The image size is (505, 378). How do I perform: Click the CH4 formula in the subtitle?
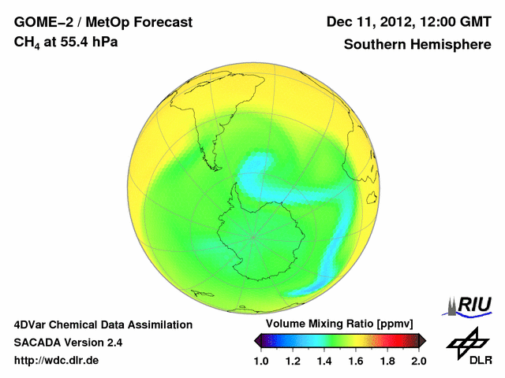click(28, 42)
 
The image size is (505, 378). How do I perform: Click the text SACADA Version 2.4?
click(68, 343)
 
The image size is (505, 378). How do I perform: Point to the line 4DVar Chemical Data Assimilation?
click(103, 324)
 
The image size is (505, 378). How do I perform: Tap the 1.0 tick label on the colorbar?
click(261, 361)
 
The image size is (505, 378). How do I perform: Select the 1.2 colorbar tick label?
click(293, 361)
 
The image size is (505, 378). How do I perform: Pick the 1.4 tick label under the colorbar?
click(324, 361)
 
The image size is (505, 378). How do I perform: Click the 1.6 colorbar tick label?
click(356, 361)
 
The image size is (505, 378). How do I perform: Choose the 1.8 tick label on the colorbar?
click(387, 361)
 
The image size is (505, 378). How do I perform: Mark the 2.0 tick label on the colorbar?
click(418, 361)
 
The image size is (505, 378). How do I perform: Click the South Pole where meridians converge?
click(253, 236)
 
